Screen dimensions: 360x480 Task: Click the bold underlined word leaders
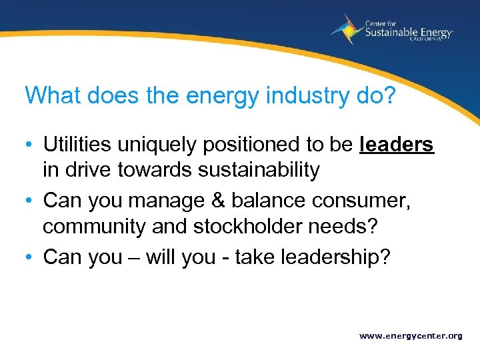(396, 144)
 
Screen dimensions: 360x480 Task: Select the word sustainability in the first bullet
(258, 170)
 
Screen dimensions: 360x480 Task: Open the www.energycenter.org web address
(411, 336)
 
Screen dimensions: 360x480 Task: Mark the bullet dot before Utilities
(30, 145)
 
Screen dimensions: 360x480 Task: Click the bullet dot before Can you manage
(30, 201)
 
